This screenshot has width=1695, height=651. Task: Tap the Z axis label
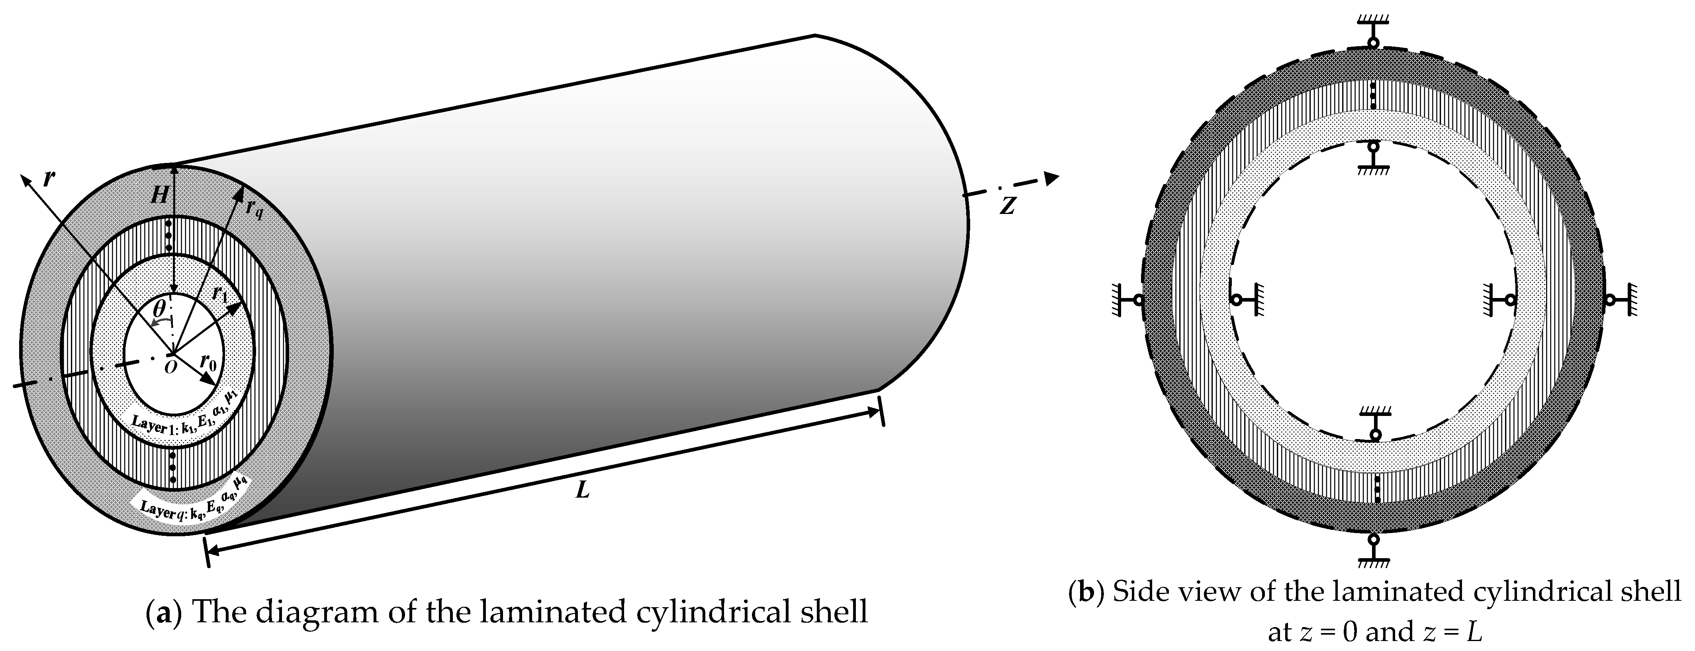coord(1007,206)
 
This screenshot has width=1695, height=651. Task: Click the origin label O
coord(170,367)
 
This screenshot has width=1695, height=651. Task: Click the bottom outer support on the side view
coord(1373,550)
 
